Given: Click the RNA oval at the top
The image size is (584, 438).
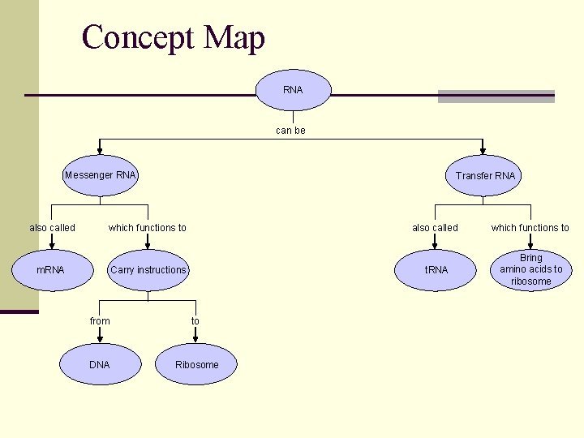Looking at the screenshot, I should pos(293,90).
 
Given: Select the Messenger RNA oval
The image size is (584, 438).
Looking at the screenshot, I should pos(101,175).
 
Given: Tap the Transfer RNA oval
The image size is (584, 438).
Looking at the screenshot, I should pos(484,176).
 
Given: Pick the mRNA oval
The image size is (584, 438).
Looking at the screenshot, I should pos(50,270).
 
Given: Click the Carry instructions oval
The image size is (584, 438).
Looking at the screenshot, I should pos(148,270).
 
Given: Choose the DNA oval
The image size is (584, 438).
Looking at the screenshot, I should pos(99,365).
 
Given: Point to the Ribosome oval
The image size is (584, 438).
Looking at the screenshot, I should pos(196,365).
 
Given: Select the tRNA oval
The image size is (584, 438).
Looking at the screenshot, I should pos(436,270).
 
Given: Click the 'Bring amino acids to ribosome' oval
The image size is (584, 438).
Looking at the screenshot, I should pos(530,270).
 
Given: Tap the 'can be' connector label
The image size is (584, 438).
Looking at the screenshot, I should pos(290,131).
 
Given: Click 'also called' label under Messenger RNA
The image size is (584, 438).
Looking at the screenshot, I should pos(52,228).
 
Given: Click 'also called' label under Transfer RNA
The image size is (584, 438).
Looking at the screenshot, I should pos(435,228).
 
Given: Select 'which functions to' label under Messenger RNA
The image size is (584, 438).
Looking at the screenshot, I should pos(147,228).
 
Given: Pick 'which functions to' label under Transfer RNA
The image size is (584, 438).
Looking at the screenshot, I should pos(530,228).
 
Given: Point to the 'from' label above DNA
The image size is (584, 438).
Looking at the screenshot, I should pos(100,321).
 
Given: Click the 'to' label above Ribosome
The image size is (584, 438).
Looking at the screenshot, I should pos(195,321).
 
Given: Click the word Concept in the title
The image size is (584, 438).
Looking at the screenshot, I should pos(139,38).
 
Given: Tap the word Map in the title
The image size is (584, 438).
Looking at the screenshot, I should pos(234,38).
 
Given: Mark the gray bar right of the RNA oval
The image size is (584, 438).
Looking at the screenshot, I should pos(496,97).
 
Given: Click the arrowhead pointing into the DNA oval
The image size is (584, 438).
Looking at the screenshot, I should pos(100,339).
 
